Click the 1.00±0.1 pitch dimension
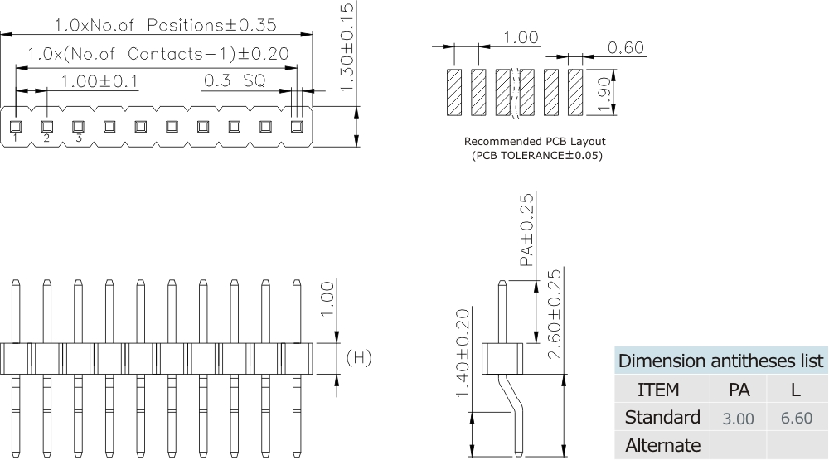click(100, 81)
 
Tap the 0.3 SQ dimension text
click(235, 81)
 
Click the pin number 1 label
click(15, 138)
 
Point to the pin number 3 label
click(78, 138)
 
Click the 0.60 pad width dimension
click(625, 48)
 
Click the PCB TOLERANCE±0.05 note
click(536, 155)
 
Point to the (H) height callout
click(358, 358)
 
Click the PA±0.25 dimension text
click(526, 230)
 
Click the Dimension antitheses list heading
click(721, 362)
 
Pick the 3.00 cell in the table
click(738, 419)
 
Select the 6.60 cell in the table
click(796, 419)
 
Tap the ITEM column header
click(658, 390)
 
